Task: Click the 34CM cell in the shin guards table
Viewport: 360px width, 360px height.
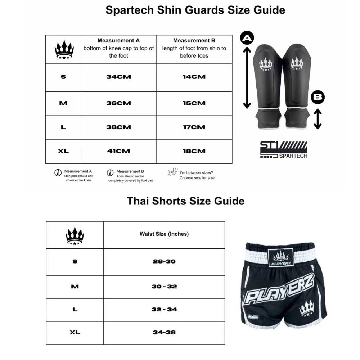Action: [118, 77]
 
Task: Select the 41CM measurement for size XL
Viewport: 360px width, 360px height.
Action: [118, 151]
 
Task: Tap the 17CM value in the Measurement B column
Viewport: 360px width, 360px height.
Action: [194, 127]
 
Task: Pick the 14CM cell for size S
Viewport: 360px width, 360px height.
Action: [194, 77]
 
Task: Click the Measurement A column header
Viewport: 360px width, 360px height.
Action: [118, 48]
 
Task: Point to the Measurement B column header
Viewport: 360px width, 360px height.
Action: [194, 48]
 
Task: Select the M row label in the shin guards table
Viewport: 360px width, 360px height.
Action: [63, 103]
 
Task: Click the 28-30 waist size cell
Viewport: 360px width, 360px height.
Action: [164, 261]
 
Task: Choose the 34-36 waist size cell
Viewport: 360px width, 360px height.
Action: [164, 332]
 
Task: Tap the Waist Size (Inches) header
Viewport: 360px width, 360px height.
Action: [164, 234]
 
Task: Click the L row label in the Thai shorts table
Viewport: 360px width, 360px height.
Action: [75, 310]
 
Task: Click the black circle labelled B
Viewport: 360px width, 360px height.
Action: [318, 97]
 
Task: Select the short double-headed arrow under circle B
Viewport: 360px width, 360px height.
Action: [318, 120]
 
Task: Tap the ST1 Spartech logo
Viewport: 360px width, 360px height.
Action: [284, 150]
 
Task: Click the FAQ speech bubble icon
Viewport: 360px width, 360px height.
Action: [173, 172]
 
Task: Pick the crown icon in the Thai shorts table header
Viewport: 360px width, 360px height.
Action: [75, 236]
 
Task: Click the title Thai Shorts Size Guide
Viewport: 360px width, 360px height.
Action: [185, 201]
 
